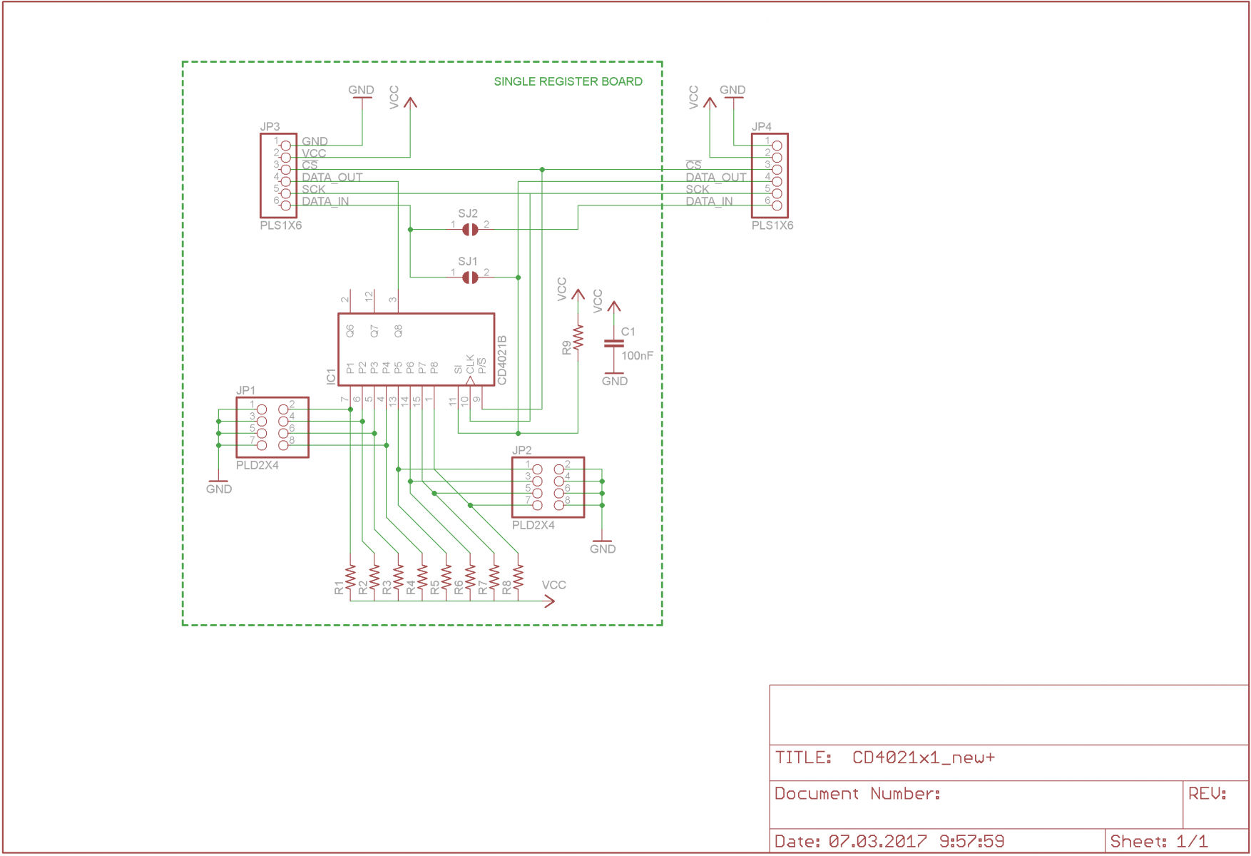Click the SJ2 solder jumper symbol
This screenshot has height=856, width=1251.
[470, 230]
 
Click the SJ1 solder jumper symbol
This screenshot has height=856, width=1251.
[470, 277]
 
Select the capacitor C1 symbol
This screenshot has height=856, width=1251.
[613, 344]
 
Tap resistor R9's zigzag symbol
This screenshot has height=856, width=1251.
[578, 337]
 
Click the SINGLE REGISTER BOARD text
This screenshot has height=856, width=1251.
[568, 81]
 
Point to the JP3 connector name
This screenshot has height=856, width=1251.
[270, 126]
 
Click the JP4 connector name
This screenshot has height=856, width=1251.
[761, 126]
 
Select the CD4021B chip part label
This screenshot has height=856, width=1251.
[502, 360]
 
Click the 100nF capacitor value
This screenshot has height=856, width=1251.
[637, 356]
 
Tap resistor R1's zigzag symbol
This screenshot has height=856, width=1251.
[350, 577]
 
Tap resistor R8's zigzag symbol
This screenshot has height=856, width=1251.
[518, 577]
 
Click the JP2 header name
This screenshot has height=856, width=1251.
[521, 450]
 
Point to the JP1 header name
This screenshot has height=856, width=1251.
[245, 390]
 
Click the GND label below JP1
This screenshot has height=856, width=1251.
[219, 489]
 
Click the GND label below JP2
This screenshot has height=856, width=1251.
[603, 549]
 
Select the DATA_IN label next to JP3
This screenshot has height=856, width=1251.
[325, 201]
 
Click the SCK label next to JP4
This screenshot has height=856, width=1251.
[698, 189]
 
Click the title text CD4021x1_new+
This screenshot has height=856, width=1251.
[924, 758]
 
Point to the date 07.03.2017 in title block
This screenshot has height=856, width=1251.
[878, 842]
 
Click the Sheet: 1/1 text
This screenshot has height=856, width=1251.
[1159, 842]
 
